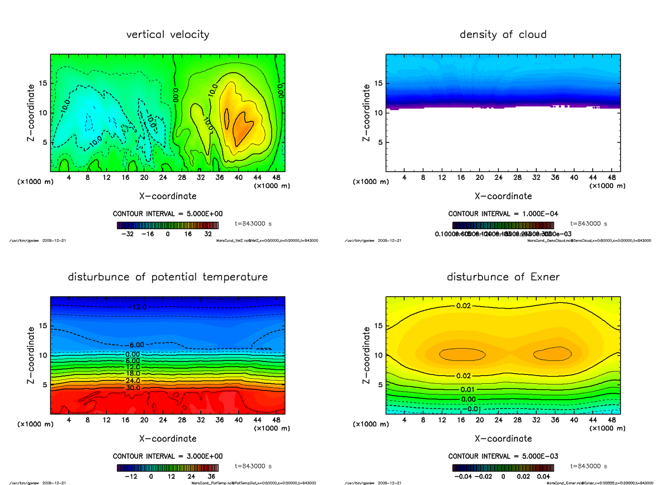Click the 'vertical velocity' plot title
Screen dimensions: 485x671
click(x=168, y=35)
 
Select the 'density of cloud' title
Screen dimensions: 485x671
click(x=503, y=35)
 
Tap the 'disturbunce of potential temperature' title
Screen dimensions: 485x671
click(x=168, y=277)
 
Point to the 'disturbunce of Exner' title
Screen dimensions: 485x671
click(x=503, y=277)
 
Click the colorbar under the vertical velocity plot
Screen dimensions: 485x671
click(x=168, y=225)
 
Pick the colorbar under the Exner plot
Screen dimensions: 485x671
click(x=503, y=467)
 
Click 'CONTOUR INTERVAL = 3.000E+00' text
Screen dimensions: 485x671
click(x=168, y=456)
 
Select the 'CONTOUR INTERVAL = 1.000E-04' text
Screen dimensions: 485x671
click(x=503, y=214)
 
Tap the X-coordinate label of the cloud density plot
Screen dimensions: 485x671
click(x=503, y=196)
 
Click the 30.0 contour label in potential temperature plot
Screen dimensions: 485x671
click(x=133, y=388)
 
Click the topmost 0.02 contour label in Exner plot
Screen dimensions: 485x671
click(x=464, y=306)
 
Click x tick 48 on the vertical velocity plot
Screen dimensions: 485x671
click(x=276, y=178)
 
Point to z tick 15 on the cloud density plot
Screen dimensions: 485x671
click(x=379, y=83)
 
